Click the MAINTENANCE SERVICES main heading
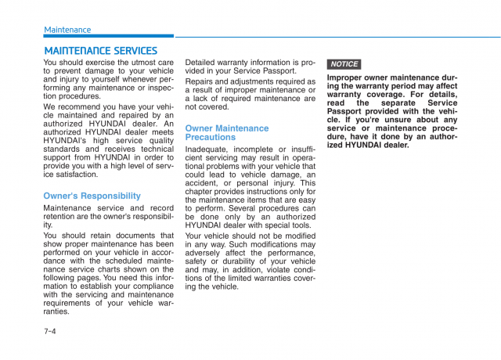100,51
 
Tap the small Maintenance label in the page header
67,30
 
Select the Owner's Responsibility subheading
92,196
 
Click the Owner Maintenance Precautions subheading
226,132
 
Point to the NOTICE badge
344,64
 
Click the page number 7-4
50,331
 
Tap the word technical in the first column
157,149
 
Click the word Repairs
201,81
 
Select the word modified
297,235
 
